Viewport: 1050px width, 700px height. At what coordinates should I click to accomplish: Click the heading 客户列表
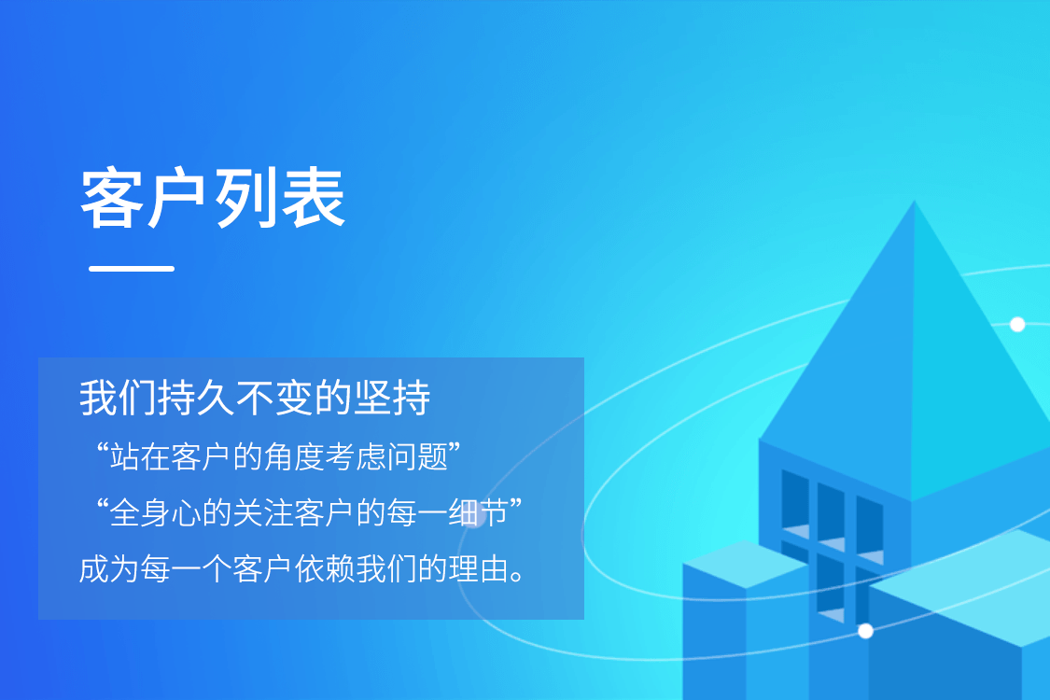click(213, 198)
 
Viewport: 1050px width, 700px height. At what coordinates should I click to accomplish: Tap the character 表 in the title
click(314, 198)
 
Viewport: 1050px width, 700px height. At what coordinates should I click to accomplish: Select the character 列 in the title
click(245, 198)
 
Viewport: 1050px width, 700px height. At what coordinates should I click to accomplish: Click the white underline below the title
click(132, 269)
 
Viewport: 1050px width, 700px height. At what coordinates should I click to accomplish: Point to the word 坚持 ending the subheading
click(392, 398)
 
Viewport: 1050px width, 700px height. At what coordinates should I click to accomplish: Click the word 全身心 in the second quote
click(155, 513)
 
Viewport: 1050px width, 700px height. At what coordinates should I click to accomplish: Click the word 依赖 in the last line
click(325, 569)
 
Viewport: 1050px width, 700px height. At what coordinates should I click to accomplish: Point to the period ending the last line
click(517, 577)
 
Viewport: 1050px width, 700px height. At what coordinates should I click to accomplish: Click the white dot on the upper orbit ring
click(1017, 324)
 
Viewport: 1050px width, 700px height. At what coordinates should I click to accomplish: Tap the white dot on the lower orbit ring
click(865, 631)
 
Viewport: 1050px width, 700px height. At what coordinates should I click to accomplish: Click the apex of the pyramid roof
click(915, 201)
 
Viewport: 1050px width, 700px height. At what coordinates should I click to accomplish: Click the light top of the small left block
click(746, 564)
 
